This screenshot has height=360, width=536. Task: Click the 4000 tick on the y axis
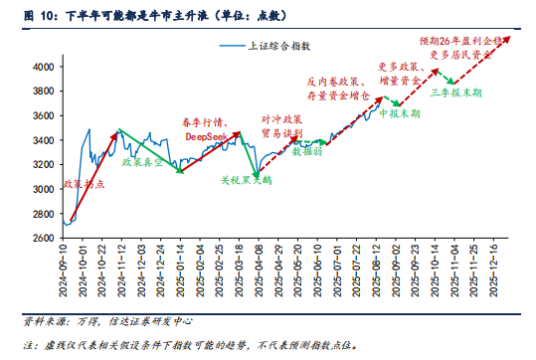[x=42, y=67]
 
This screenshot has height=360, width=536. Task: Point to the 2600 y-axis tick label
[x=42, y=238]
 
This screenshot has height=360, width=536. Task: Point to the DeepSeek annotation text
[x=204, y=135]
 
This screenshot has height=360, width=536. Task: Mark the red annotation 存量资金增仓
[x=338, y=95]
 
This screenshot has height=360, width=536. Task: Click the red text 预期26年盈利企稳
[x=460, y=43]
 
